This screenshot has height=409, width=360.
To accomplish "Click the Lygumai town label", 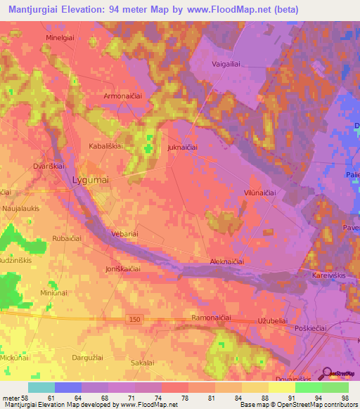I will click(90, 181).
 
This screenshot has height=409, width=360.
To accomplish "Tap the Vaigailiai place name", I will click(226, 63).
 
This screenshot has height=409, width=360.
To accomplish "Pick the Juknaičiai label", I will click(182, 148).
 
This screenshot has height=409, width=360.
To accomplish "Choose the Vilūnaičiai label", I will click(259, 193).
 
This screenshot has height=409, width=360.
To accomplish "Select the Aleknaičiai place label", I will click(227, 261).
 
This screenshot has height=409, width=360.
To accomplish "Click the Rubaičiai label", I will click(69, 239).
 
